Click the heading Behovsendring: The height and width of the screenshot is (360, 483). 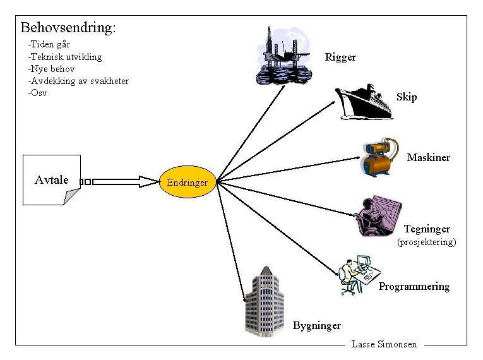pos(68,28)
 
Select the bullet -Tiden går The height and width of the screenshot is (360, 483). pos(49,45)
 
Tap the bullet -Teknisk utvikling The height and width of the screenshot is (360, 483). pos(65,57)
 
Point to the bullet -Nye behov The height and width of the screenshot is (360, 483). pos(51,69)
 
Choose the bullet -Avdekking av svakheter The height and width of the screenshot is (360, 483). pos(78,81)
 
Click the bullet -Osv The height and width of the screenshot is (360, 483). pos(37,93)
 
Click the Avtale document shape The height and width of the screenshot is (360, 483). pos(52,180)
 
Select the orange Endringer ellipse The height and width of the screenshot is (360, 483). pos(188,183)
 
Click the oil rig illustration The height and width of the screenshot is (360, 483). pos(283,56)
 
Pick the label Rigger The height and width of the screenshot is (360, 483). pos(340,57)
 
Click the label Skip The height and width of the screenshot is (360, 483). pos(407,97)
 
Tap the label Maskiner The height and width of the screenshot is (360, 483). pos(429,157)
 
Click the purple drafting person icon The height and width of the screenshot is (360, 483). pos(377,215)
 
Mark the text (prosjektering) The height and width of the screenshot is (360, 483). pos(426,242)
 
